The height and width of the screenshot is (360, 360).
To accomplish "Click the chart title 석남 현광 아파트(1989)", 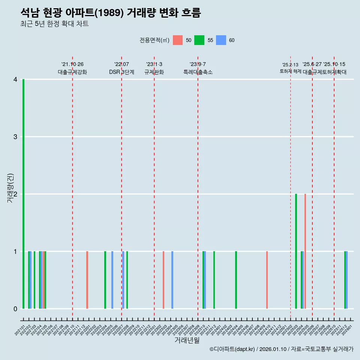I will tap(111, 13).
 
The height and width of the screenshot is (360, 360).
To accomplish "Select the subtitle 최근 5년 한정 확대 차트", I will tap(54, 24).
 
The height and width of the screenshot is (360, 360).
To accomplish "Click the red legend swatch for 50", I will tap(178, 40).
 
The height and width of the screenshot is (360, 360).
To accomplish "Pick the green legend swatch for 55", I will tap(199, 40).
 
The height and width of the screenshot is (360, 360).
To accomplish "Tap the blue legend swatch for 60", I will tap(221, 40).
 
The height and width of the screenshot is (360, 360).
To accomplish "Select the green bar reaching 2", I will tap(296, 251).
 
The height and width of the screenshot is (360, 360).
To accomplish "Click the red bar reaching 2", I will tap(305, 251).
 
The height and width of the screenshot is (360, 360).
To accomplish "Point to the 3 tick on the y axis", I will tap(15, 137).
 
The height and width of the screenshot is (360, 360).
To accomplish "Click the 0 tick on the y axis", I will tap(15, 309).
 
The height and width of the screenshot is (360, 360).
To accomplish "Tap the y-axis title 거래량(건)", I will tap(10, 188).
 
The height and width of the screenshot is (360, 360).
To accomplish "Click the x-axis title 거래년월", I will tap(187, 340).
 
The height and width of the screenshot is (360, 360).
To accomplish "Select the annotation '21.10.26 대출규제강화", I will tap(72, 68).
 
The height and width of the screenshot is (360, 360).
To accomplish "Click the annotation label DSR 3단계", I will tap(121, 72).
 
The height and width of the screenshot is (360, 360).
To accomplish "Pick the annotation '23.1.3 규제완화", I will tap(154, 68).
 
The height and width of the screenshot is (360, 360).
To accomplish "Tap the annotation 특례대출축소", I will tap(198, 72).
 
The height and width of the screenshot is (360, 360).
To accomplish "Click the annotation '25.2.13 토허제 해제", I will tap(290, 68).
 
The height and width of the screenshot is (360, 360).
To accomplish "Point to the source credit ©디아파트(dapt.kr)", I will tap(232, 349).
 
